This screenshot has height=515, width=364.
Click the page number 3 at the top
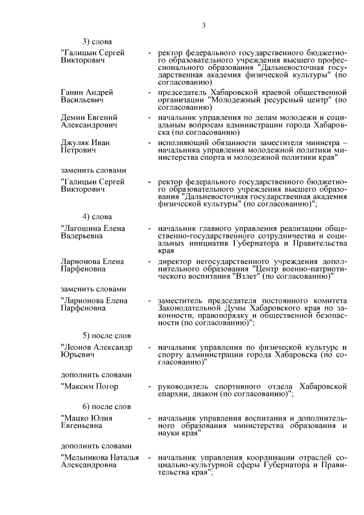pos(203,24)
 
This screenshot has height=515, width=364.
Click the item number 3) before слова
pos(88,41)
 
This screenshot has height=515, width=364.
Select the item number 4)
pos(88,216)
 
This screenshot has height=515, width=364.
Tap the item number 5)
pos(88,335)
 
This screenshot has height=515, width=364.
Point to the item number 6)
pos(88,406)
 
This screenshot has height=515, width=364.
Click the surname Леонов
pos(77,347)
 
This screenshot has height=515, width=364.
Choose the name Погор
pos(106,386)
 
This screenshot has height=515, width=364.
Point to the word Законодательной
pos(189,308)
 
